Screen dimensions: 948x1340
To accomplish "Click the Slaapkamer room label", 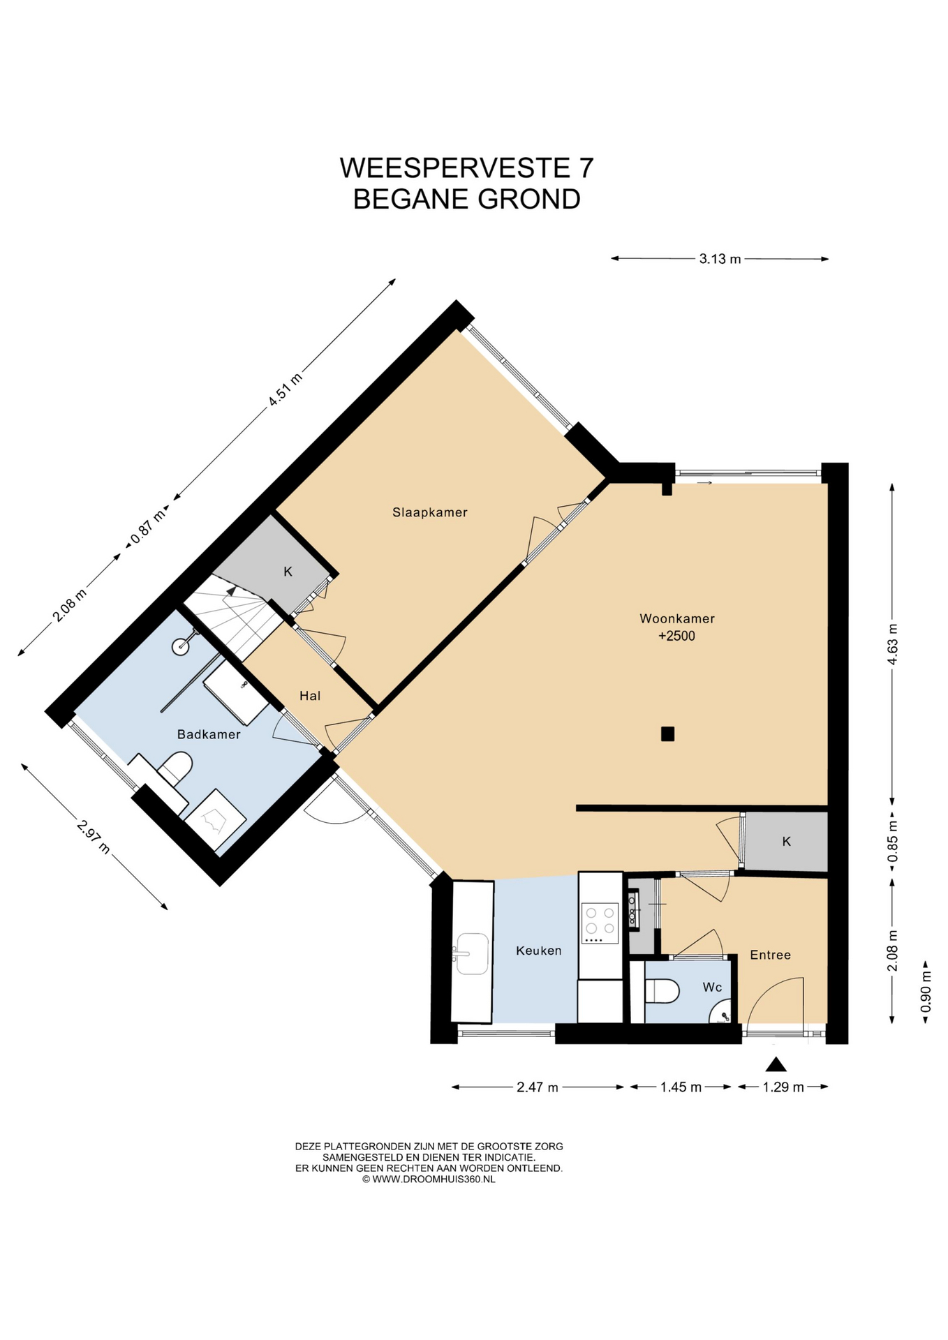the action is coord(429,512).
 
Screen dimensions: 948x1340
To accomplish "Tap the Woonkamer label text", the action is coord(677,618).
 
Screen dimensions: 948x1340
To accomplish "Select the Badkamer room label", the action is coord(209,734).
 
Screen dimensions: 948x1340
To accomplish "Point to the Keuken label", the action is coord(538,951).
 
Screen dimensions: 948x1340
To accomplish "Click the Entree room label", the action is coord(770,955).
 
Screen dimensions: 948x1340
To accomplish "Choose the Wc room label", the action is coord(712,987).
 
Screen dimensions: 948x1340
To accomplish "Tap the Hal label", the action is coord(310,695).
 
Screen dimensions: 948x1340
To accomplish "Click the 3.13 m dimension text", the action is coord(720,259).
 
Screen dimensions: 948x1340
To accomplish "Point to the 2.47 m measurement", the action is coord(537,1087).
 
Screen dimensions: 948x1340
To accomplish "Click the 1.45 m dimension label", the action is coord(681,1087).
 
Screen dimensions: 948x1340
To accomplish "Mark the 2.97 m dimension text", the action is coord(94,837).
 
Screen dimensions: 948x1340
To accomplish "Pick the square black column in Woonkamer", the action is coord(667,734).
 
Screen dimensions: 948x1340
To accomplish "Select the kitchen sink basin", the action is coord(473,953).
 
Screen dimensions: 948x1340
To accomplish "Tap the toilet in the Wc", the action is coord(663,990).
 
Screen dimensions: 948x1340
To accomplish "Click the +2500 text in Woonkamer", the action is coord(676,636).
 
